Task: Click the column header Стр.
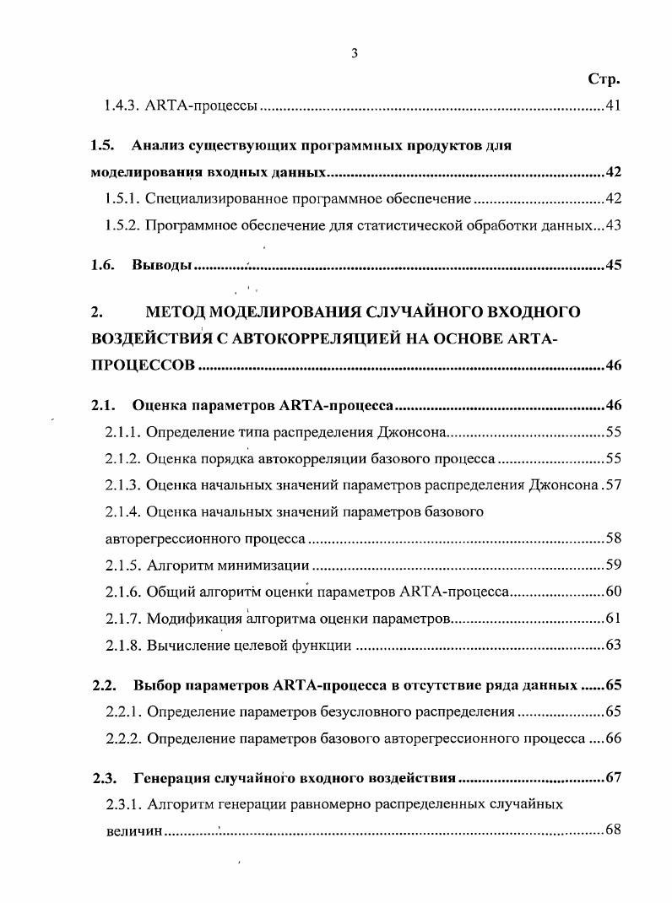click(604, 80)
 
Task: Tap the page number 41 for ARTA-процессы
click(613, 107)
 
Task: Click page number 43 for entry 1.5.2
click(613, 225)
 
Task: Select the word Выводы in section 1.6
click(162, 265)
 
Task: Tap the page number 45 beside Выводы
click(613, 265)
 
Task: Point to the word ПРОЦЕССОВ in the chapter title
click(143, 365)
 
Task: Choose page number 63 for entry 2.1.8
click(613, 646)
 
